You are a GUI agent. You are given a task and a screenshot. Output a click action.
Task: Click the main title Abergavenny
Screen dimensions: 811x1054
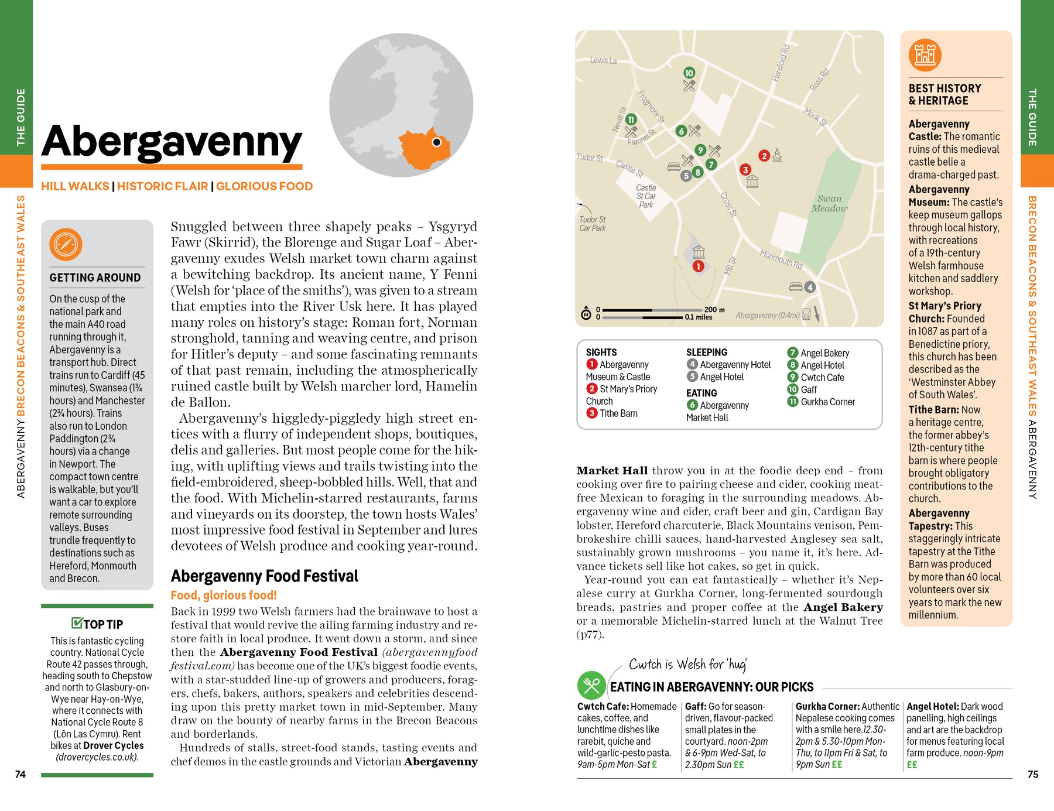[172, 142]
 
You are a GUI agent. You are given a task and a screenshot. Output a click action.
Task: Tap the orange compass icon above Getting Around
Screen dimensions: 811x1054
[66, 244]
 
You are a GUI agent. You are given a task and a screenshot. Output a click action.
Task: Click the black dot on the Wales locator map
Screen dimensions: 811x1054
[436, 142]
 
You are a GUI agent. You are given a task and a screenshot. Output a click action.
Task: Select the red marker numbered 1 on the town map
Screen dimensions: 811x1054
[698, 266]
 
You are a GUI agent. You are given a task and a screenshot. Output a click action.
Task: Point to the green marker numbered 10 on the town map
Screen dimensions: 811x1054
[689, 73]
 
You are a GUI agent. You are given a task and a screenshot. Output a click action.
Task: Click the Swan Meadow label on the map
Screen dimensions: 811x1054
[829, 203]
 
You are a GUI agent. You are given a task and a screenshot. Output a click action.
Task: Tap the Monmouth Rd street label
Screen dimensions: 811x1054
[781, 259]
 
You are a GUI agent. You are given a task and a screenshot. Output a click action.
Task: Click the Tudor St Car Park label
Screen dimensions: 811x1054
[592, 224]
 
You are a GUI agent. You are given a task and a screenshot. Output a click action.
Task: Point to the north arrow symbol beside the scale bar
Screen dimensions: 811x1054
[586, 314]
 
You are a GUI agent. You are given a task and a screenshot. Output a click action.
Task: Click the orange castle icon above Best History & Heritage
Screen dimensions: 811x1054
[925, 55]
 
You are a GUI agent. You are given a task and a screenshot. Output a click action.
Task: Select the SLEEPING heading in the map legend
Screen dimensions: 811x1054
[706, 353]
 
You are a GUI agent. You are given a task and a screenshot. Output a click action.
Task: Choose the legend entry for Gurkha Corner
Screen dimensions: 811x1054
[827, 402]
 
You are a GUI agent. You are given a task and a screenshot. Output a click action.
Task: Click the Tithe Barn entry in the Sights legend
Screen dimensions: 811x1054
[618, 413]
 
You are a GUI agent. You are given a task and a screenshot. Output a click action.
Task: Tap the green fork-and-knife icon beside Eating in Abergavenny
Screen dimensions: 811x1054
[591, 686]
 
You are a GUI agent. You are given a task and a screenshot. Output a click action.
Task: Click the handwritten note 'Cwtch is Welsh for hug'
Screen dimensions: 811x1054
[687, 664]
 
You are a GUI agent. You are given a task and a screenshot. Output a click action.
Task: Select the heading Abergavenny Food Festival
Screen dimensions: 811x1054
[264, 576]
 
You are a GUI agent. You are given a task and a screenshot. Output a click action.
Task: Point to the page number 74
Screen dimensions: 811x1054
[20, 774]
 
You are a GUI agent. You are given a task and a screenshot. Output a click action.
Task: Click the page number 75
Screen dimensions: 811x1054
[1033, 774]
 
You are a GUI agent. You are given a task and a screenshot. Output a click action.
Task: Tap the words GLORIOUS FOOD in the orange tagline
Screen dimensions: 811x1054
[264, 186]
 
